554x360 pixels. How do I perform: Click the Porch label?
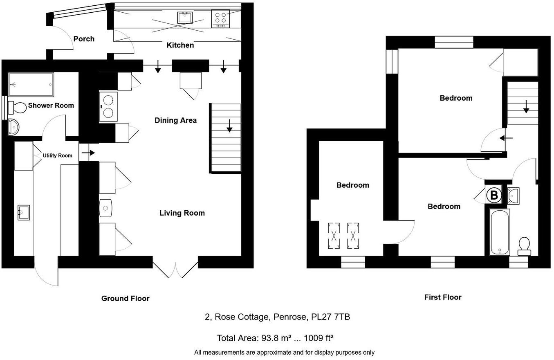tap(84, 39)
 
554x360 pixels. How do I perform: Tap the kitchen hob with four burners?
tap(220, 18)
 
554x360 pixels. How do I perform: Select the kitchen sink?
tap(185, 18)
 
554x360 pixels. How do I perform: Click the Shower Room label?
tap(51, 106)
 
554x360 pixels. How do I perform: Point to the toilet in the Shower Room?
tap(17, 108)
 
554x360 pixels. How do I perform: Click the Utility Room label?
tap(58, 155)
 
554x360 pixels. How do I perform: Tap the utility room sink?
tap(24, 213)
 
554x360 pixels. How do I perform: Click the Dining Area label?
tap(175, 120)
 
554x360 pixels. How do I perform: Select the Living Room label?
tap(182, 213)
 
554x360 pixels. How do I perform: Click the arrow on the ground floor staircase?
tap(229, 125)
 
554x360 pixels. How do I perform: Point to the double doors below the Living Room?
tap(175, 268)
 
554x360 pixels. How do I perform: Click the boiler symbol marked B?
tap(494, 195)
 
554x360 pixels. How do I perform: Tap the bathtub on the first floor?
tap(500, 232)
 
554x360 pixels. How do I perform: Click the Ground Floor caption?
tap(125, 299)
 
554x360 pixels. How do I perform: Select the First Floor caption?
tap(443, 297)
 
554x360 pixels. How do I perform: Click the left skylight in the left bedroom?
tap(334, 236)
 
